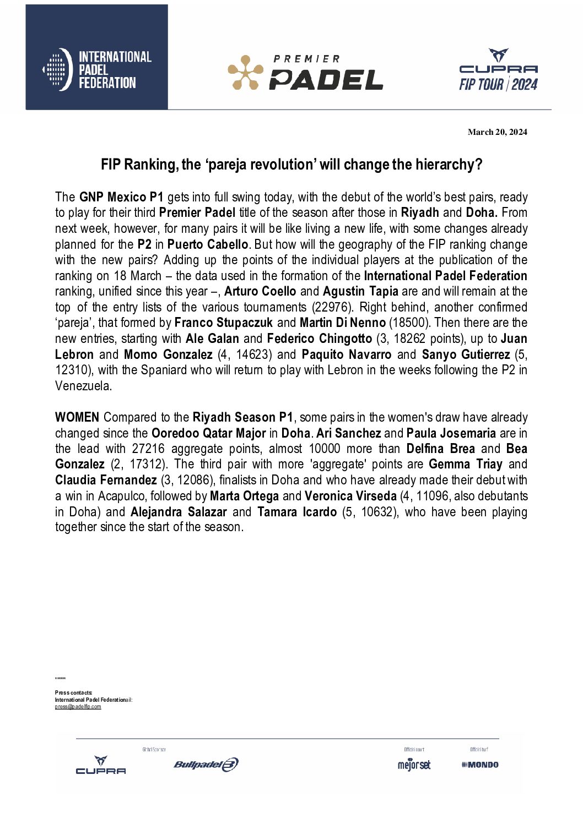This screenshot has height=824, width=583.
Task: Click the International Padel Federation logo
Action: pos(97,69)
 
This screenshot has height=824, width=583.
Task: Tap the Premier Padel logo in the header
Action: pos(305,73)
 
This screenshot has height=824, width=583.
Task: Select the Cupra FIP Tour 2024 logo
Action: pos(498,70)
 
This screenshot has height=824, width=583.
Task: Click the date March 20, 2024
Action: pos(497,132)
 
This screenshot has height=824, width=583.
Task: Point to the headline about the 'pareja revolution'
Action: pos(291,165)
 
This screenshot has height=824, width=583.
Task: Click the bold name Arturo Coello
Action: pos(260,291)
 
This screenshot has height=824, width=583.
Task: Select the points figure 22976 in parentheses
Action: pos(332,307)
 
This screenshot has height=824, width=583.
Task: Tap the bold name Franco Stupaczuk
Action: pos(223,323)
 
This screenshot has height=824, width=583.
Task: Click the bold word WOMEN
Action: pos(77,417)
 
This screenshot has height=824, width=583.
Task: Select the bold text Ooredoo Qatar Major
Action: pos(208,433)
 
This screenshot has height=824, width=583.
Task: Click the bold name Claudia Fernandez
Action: pos(106,480)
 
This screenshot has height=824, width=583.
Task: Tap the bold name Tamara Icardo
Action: pos(296,512)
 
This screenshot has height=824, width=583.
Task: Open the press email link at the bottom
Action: pos(78,707)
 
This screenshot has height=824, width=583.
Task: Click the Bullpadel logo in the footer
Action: pos(206,765)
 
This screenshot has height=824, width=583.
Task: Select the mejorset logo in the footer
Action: pos(414,765)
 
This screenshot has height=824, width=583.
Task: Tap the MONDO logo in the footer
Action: pos(480,765)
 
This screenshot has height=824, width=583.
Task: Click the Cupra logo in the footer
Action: pos(100,765)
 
